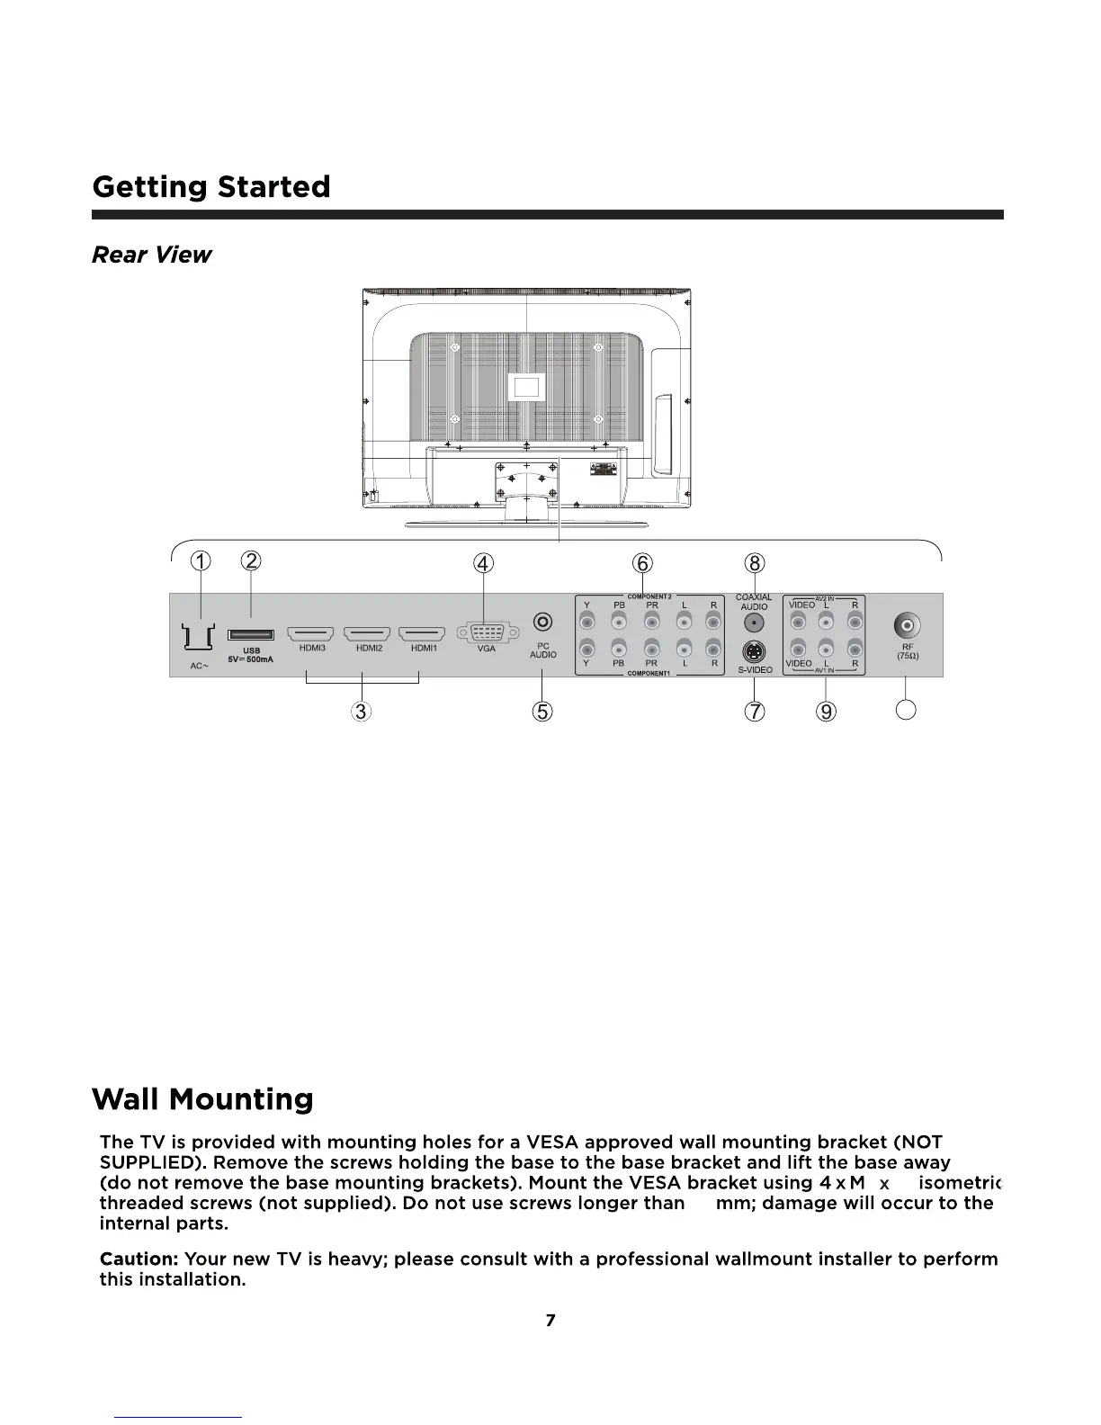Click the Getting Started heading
point(211,187)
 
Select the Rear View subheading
point(151,255)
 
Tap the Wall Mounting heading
point(202,1098)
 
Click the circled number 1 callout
point(201,562)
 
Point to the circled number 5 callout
point(542,711)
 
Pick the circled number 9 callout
point(826,711)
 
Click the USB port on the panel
point(251,635)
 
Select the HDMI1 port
point(423,634)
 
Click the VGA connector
point(486,632)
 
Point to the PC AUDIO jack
point(542,622)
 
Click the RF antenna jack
point(907,625)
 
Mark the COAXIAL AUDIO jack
point(754,623)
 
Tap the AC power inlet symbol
point(198,637)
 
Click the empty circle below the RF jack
point(907,710)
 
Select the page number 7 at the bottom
point(550,1320)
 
